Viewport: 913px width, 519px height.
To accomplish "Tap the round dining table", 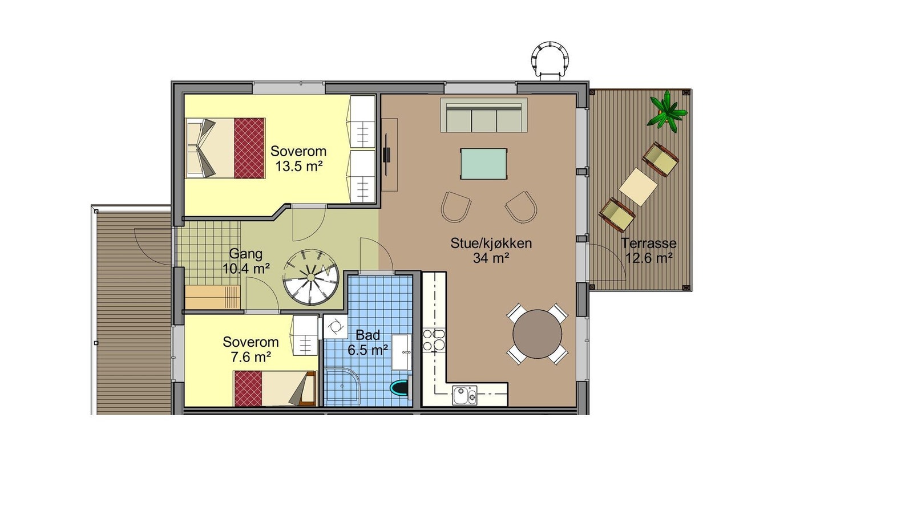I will [537, 334].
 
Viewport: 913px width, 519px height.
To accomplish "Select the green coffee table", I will [484, 164].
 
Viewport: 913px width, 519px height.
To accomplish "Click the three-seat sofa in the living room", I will [484, 116].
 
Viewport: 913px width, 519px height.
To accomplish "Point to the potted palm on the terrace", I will [666, 111].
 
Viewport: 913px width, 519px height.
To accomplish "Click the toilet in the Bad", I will [401, 388].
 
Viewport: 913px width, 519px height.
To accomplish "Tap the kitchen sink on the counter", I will [464, 395].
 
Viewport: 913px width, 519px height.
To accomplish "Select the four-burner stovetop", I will [434, 339].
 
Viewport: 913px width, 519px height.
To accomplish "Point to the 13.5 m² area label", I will [298, 167].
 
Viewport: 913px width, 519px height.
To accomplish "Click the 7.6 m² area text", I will [251, 357].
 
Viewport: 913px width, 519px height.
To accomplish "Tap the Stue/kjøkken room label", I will [491, 243].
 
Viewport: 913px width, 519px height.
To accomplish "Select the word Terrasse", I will [649, 243].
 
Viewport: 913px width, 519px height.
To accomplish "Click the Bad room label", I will [367, 335].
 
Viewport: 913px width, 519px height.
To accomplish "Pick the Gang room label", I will [245, 254].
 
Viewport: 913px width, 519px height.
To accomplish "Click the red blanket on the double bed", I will [249, 148].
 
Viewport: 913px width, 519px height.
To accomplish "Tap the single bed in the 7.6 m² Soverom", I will [274, 388].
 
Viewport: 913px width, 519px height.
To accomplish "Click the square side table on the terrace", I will [638, 186].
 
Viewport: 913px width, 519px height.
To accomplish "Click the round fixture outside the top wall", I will [550, 58].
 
